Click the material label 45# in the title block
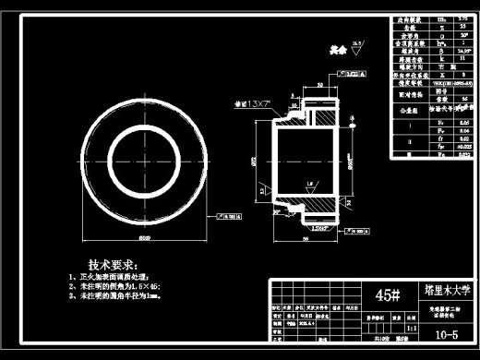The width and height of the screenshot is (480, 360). [390, 295]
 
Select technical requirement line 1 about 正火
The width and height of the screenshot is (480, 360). [114, 276]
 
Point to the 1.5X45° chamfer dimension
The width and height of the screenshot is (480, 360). [320, 226]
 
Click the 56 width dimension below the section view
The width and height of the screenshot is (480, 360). [305, 237]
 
